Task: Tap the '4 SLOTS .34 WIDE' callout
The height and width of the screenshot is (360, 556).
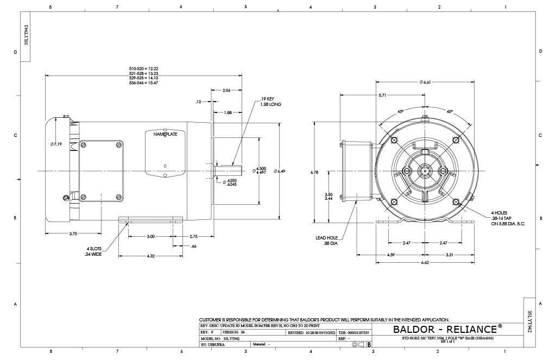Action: point(94,251)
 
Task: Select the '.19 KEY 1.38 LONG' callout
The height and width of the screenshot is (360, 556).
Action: point(271,102)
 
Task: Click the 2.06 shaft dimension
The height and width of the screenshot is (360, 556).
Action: point(226,90)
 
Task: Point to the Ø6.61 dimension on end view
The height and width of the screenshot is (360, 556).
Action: point(425,82)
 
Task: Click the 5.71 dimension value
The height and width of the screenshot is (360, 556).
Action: point(383,95)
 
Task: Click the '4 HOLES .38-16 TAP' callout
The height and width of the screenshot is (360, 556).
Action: point(508,218)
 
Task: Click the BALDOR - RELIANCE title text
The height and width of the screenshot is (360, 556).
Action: point(445,329)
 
